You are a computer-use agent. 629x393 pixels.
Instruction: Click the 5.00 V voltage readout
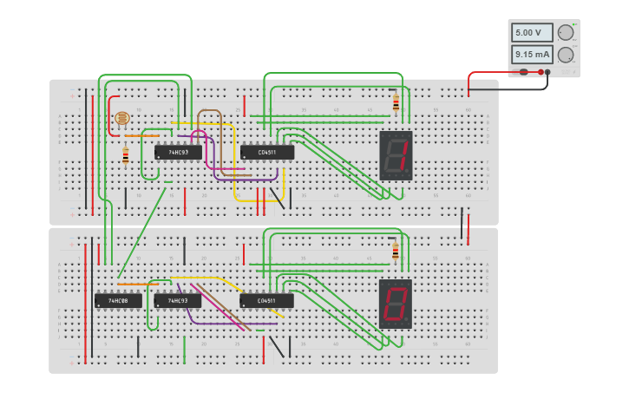pyautogui.click(x=531, y=33)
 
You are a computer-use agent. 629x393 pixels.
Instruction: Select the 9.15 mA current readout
pyautogui.click(x=531, y=55)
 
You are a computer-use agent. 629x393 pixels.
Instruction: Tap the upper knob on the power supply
pyautogui.click(x=566, y=33)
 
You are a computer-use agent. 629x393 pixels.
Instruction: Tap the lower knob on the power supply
pyautogui.click(x=566, y=55)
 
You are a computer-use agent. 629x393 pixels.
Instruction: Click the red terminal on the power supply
pyautogui.click(x=541, y=72)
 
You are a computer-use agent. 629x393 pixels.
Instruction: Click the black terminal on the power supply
pyautogui.click(x=547, y=72)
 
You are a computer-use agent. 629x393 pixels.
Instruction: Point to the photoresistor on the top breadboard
pyautogui.click(x=121, y=118)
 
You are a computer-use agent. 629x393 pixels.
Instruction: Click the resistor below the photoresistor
pyautogui.click(x=125, y=156)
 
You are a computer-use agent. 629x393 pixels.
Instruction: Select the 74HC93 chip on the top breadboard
pyautogui.click(x=178, y=152)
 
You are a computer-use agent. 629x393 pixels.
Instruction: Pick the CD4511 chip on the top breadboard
pyautogui.click(x=267, y=152)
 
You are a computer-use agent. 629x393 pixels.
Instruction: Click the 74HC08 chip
pyautogui.click(x=118, y=300)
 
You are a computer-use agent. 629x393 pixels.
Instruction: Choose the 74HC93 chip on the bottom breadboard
pyautogui.click(x=177, y=300)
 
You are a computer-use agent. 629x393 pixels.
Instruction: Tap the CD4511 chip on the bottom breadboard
pyautogui.click(x=267, y=300)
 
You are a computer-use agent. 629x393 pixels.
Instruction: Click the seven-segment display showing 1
pyautogui.click(x=396, y=155)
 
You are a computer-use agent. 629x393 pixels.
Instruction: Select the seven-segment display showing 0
pyautogui.click(x=396, y=304)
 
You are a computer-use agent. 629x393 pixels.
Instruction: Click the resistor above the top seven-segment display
pyautogui.click(x=396, y=102)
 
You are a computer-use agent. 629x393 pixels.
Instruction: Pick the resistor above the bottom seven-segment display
pyautogui.click(x=396, y=251)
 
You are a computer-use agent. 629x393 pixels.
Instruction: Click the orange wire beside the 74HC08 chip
pyautogui.click(x=134, y=284)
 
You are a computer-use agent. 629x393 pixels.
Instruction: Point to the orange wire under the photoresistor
pyautogui.click(x=141, y=135)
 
